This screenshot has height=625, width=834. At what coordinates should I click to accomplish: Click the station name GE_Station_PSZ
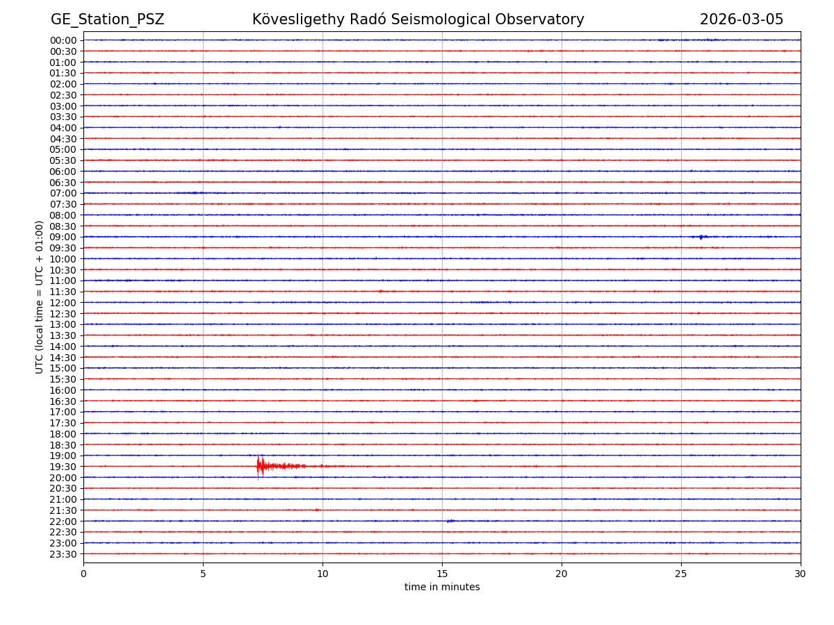pyautogui.click(x=107, y=19)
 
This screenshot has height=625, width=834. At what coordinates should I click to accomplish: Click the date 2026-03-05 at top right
pyautogui.click(x=741, y=19)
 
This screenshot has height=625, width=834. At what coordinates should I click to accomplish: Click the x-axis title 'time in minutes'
pyautogui.click(x=442, y=587)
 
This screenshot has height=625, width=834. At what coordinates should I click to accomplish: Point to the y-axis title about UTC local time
pyautogui.click(x=40, y=297)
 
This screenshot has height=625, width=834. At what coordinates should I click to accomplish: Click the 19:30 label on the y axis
pyautogui.click(x=63, y=467)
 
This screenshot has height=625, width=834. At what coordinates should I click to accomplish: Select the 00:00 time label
pyautogui.click(x=63, y=40)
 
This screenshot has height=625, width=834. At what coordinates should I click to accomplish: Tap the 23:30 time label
pyautogui.click(x=63, y=554)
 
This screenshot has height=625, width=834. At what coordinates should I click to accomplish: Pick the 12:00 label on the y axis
pyautogui.click(x=63, y=303)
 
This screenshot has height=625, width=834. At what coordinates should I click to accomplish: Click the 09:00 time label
pyautogui.click(x=63, y=237)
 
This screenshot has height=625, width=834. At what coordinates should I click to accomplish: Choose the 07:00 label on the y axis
pyautogui.click(x=63, y=193)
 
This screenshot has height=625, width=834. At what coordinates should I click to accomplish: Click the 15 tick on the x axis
pyautogui.click(x=442, y=574)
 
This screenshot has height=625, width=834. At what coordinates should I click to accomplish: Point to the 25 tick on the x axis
pyautogui.click(x=681, y=574)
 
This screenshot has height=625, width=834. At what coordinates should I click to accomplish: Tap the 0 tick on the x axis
pyautogui.click(x=83, y=574)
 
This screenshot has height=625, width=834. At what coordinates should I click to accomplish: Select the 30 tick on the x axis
pyautogui.click(x=801, y=574)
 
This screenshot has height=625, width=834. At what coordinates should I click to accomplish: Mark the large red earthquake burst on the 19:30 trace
pyautogui.click(x=261, y=465)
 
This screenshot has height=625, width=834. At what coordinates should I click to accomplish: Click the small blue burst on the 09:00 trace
pyautogui.click(x=701, y=237)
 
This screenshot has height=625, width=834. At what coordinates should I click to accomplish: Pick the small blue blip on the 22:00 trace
pyautogui.click(x=450, y=521)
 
